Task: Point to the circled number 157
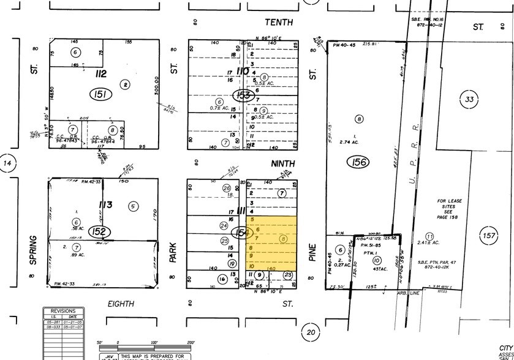click(488, 236)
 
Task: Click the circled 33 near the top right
click(469, 99)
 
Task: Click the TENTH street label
click(279, 23)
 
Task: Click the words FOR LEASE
click(450, 200)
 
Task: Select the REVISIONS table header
click(63, 310)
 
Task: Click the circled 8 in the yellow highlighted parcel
click(283, 239)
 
